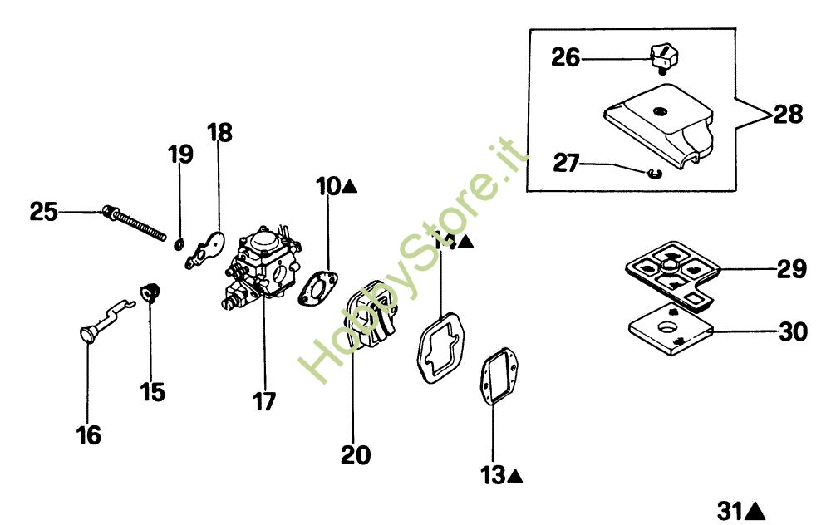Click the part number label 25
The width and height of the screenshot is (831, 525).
click(44, 211)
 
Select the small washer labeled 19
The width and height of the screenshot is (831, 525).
click(179, 243)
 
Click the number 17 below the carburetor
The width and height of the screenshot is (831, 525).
click(263, 401)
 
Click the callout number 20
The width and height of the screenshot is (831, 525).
click(355, 455)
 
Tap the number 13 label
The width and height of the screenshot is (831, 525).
click(493, 476)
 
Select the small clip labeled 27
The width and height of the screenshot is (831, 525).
click(652, 172)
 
